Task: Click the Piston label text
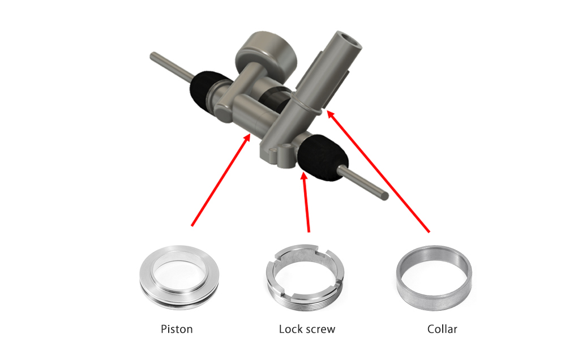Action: tap(177, 329)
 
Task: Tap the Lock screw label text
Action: tap(307, 329)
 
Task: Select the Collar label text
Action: tap(442, 329)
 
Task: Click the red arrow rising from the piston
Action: tap(221, 180)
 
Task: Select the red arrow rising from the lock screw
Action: tap(307, 203)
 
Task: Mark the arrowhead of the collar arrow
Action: tap(329, 114)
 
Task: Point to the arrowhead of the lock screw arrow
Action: tap(305, 176)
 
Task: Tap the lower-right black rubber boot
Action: tap(323, 158)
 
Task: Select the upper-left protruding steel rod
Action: tap(171, 67)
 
